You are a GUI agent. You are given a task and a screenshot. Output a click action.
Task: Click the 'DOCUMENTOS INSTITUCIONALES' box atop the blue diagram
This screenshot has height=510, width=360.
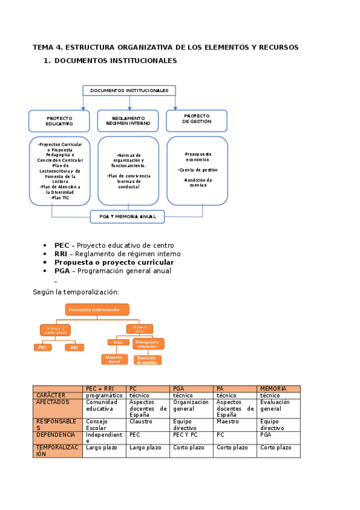129,91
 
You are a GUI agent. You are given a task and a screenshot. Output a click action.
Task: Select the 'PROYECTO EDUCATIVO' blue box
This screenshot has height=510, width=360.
59,121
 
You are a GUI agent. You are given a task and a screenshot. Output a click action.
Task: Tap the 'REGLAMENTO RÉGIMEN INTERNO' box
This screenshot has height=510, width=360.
127,121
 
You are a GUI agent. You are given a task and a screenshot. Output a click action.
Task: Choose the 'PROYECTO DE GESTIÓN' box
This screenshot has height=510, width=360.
197,119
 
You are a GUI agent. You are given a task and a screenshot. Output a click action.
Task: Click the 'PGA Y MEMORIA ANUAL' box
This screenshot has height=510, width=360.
127,217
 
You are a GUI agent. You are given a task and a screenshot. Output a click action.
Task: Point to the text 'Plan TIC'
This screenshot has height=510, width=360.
61,198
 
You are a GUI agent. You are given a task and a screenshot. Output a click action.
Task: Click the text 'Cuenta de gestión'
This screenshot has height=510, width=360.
197,170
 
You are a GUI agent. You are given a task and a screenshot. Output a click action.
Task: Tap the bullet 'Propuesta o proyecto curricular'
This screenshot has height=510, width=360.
114,262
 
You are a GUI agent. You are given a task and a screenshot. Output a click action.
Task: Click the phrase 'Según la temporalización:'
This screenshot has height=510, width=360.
75,292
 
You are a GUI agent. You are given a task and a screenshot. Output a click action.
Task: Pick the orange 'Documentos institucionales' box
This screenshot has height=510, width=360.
97,310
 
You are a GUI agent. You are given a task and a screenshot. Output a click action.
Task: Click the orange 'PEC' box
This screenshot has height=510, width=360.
42,347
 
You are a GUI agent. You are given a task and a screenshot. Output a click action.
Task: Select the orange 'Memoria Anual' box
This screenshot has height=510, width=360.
114,359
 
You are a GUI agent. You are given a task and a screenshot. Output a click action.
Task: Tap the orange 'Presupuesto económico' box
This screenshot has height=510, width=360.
148,343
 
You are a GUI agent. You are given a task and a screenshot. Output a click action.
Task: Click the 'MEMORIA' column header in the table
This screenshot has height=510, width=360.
273,389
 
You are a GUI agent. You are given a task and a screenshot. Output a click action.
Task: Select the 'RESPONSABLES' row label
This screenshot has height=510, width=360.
56,425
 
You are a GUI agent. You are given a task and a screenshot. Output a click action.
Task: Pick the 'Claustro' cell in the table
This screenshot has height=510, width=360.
141,422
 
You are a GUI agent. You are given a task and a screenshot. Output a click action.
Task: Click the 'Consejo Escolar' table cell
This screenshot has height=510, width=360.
97,425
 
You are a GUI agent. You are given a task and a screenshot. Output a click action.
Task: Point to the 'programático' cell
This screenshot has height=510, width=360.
104,395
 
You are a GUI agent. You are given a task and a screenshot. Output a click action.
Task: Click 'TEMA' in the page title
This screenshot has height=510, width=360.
43,47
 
